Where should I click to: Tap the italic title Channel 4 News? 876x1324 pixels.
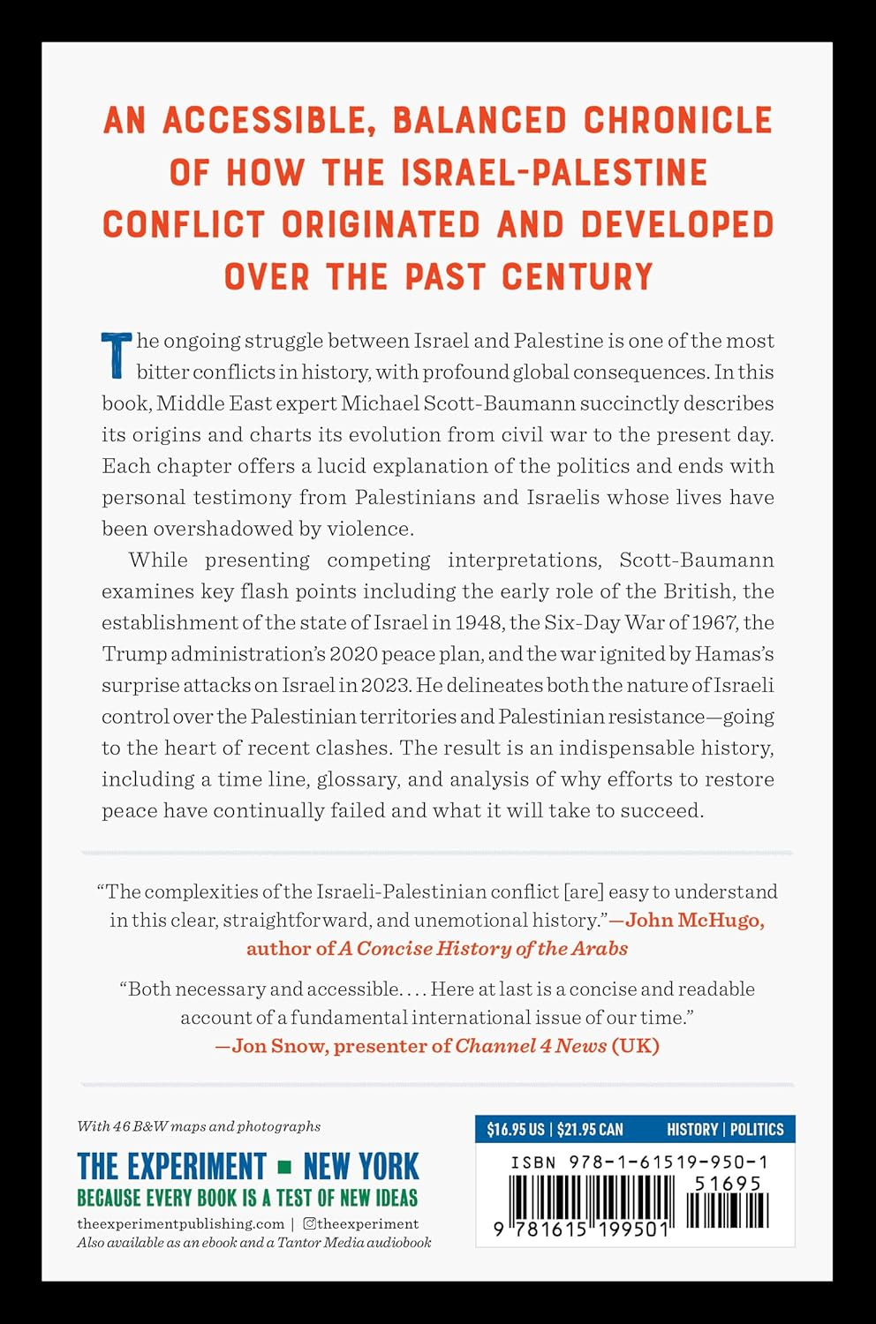(531, 1046)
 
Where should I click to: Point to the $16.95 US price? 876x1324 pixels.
(516, 1130)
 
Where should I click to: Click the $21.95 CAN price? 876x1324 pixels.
(590, 1130)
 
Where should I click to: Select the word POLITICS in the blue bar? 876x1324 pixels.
(757, 1130)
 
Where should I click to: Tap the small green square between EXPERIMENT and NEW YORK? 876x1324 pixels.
(284, 1168)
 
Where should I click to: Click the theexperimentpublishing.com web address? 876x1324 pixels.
(180, 1223)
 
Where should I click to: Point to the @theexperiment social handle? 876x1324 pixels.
(361, 1223)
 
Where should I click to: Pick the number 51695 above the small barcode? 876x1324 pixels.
(728, 1184)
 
